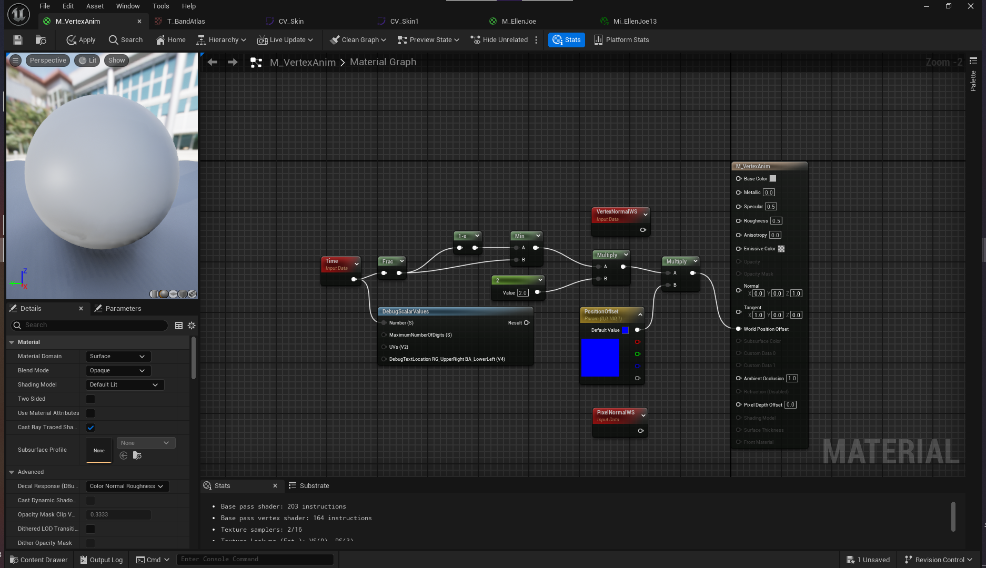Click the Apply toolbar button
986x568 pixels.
point(81,40)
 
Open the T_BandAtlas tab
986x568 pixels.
point(186,22)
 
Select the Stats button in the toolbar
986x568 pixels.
point(567,40)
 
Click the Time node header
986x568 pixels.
point(337,261)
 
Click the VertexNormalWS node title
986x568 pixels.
point(617,212)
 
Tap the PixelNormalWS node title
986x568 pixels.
point(616,413)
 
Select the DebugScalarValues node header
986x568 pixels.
point(405,312)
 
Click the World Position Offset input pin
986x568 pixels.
point(739,329)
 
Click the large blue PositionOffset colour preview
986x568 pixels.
point(600,358)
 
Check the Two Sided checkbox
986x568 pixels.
point(90,399)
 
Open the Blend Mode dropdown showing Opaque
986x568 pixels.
point(118,371)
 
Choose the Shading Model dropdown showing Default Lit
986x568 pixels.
point(124,385)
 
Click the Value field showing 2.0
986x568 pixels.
point(522,293)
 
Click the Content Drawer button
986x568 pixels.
point(39,560)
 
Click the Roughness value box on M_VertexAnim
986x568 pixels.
point(776,221)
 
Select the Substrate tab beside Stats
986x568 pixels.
point(314,486)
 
